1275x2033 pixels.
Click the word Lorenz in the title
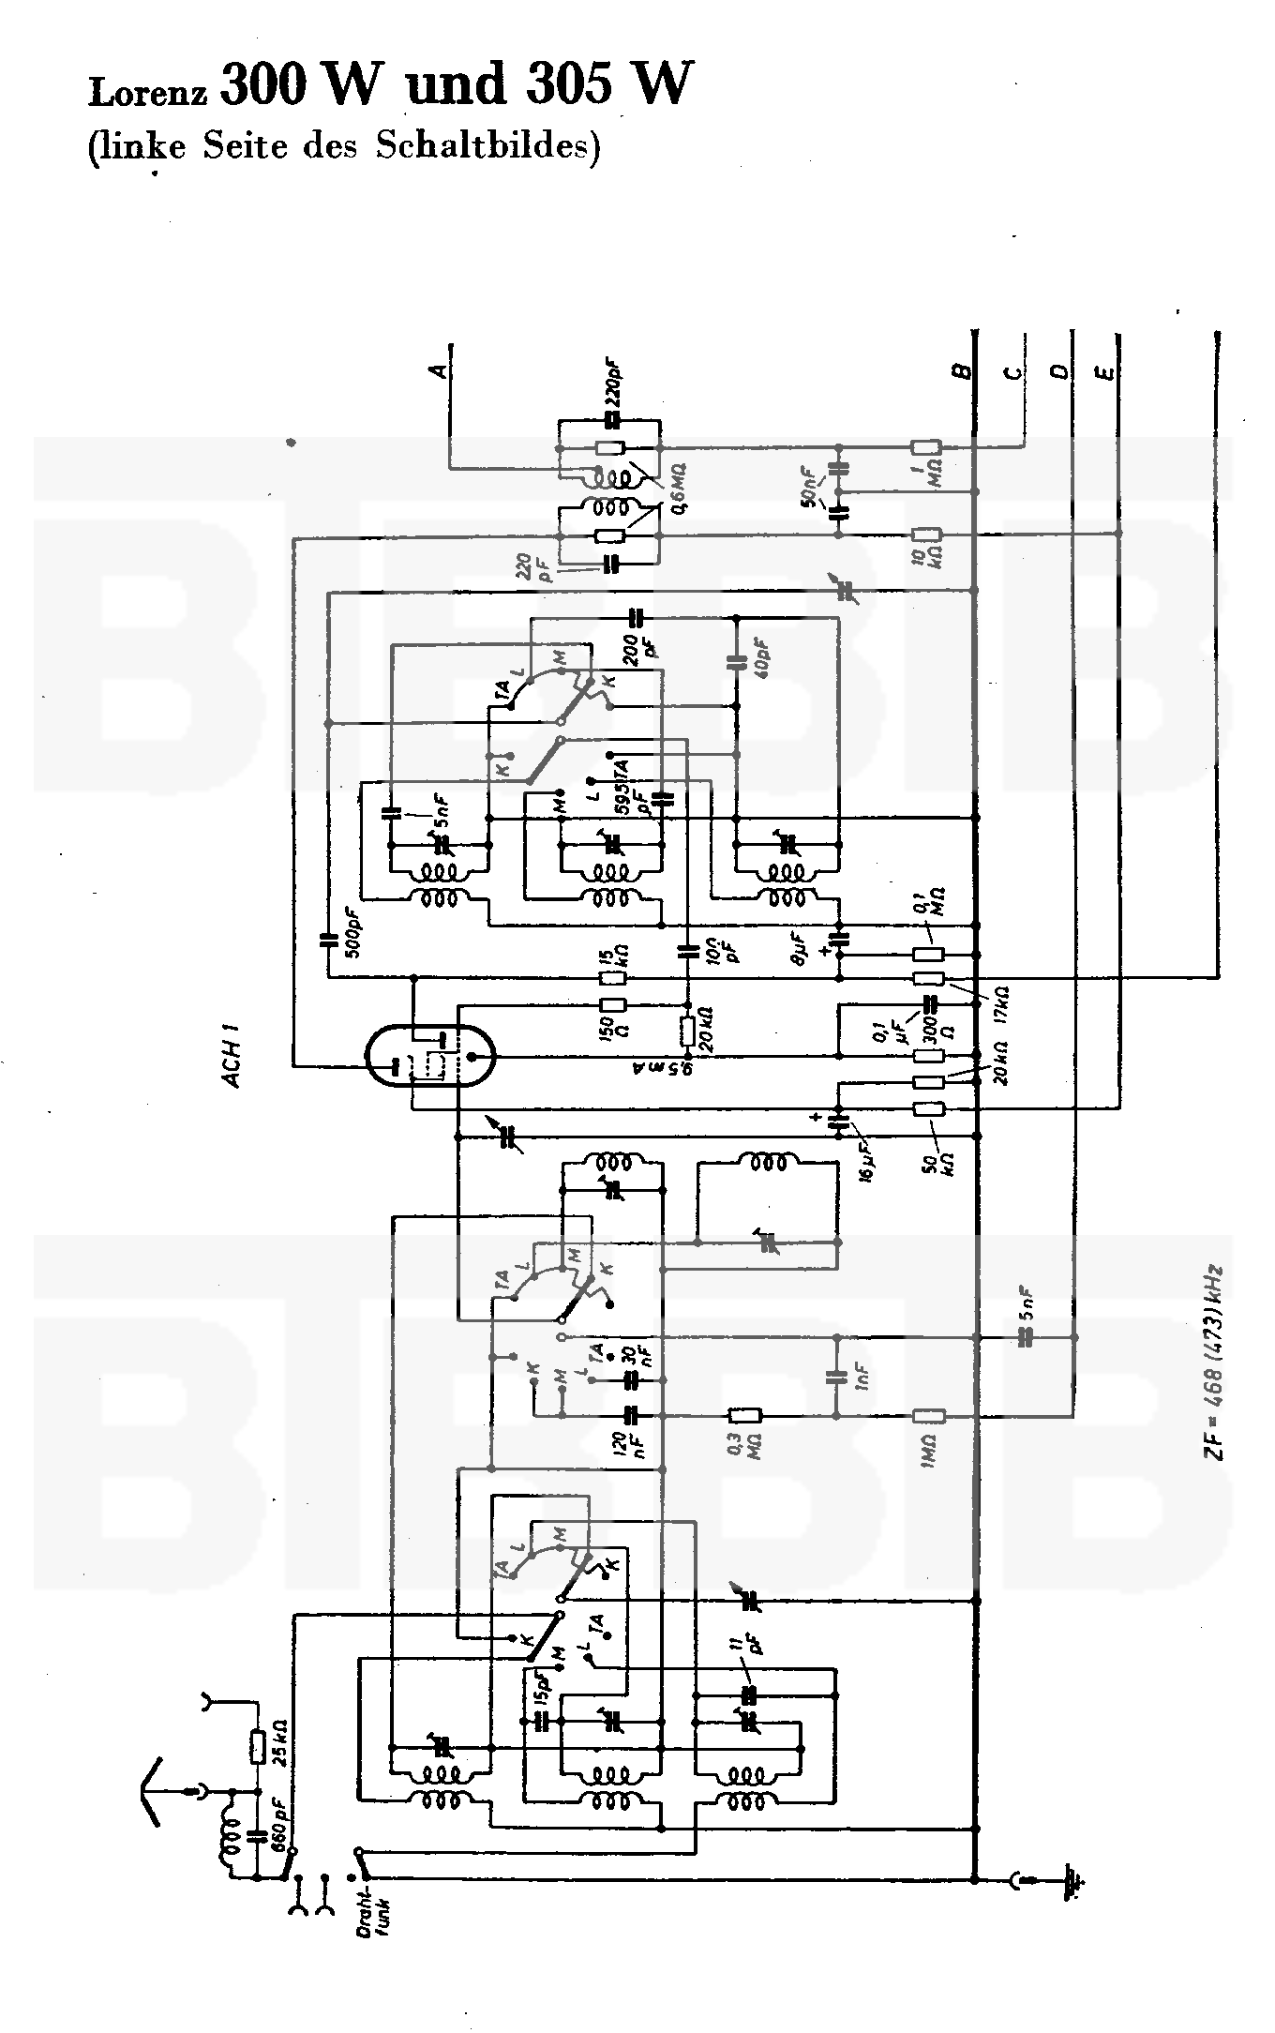[x=150, y=92]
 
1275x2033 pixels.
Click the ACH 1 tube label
[x=232, y=1062]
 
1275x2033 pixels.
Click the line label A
[x=438, y=371]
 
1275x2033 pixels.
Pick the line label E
[x=1107, y=372]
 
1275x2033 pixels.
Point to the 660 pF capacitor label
[x=279, y=1817]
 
